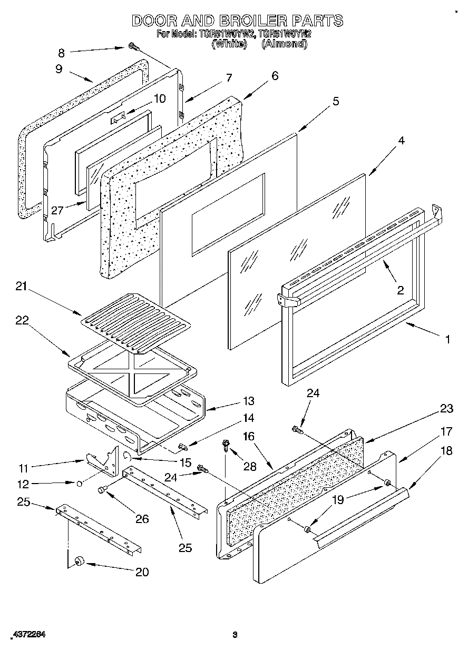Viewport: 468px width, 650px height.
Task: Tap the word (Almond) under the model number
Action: (x=284, y=44)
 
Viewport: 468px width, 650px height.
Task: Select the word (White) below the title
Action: (x=229, y=44)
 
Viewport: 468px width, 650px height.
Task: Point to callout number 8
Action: (x=61, y=53)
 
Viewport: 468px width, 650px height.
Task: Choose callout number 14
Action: (x=248, y=418)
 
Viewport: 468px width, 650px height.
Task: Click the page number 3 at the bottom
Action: (x=235, y=635)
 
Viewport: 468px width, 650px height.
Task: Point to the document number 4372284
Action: (x=27, y=635)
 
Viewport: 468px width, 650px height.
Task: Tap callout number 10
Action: (x=159, y=99)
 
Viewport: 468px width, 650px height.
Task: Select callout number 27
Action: (x=57, y=210)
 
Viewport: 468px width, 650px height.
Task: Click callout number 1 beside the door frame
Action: (x=447, y=340)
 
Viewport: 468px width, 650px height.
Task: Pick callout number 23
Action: (x=446, y=408)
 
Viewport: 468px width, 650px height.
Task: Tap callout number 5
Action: (x=335, y=101)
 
